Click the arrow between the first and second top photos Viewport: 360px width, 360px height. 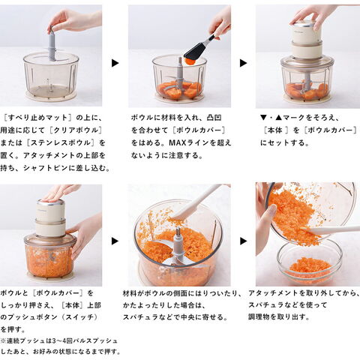115,63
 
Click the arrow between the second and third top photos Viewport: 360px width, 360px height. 243,63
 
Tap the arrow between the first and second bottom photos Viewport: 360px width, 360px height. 115,241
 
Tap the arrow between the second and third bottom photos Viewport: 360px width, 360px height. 243,241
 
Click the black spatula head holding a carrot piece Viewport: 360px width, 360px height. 194,51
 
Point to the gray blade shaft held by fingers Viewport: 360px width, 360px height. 52,45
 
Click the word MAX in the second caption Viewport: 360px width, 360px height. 177,142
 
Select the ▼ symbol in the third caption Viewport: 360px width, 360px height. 263,118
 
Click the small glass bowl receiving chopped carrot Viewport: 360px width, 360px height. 310,261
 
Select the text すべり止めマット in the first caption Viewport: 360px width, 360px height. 37,118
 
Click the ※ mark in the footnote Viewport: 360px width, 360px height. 3,340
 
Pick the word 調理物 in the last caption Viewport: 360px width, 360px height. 257,317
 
